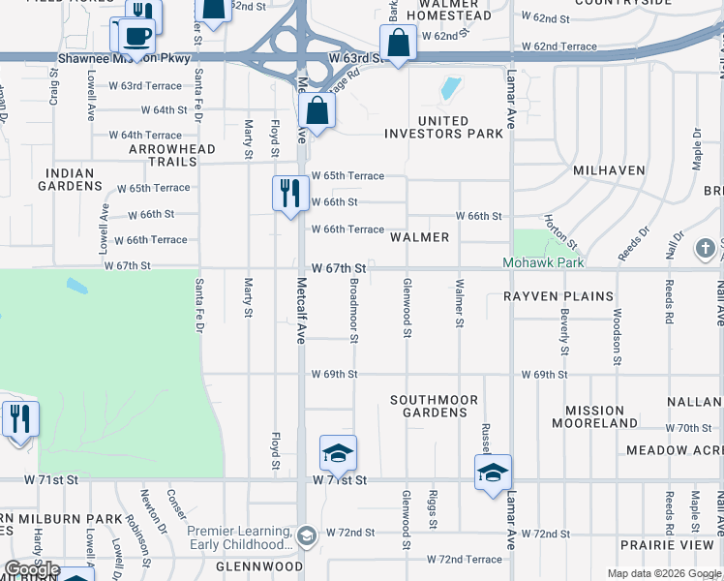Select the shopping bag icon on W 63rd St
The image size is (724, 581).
398,44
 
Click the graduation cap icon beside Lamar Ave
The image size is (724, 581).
493,473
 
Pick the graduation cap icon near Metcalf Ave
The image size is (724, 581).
338,453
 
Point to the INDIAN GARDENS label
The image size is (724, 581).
70,179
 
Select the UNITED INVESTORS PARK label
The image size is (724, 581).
446,127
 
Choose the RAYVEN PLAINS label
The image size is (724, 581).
558,296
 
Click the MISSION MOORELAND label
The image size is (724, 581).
594,416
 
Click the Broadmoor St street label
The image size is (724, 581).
355,310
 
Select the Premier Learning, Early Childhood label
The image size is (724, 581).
240,537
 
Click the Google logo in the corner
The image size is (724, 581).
31,569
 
